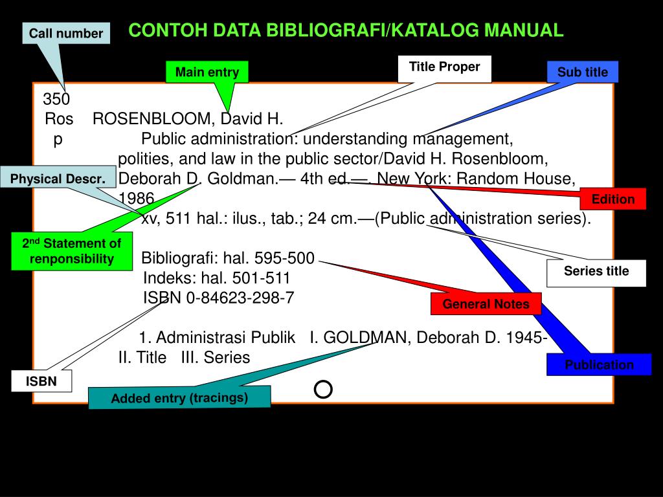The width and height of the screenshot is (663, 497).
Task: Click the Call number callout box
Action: click(x=66, y=33)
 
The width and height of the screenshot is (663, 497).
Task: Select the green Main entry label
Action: click(x=207, y=72)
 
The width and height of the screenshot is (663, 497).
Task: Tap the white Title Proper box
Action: click(x=444, y=67)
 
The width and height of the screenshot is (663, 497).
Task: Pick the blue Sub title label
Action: click(x=583, y=72)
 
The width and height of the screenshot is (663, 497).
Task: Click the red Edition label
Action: click(x=613, y=199)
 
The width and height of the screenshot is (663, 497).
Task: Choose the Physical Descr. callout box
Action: click(x=58, y=179)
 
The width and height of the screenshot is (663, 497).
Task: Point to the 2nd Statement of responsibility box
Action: click(x=72, y=251)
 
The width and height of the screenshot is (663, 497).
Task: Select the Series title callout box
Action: click(x=596, y=272)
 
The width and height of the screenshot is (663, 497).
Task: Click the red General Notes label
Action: click(x=486, y=304)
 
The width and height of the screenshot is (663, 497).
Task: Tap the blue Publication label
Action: click(x=599, y=365)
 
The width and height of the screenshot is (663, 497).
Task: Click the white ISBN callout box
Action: click(x=41, y=382)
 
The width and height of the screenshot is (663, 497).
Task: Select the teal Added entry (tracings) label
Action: click(x=179, y=398)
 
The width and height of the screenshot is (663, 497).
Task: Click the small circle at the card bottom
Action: click(x=323, y=389)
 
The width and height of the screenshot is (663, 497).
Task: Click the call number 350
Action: click(x=57, y=99)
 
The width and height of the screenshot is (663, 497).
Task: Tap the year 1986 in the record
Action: click(x=137, y=198)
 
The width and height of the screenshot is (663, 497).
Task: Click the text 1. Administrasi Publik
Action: click(x=218, y=338)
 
